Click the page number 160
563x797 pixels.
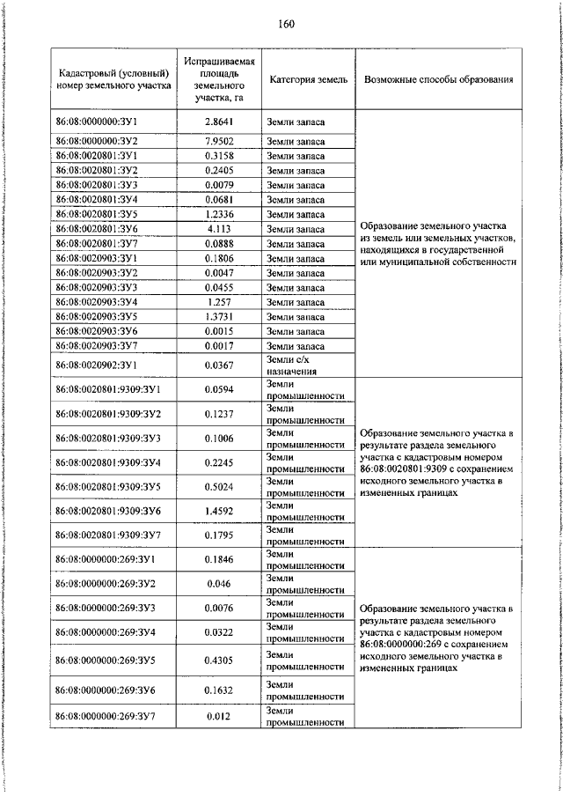pyautogui.click(x=284, y=24)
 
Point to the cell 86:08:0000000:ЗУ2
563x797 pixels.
pyautogui.click(x=97, y=140)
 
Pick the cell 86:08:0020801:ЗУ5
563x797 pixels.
pyautogui.click(x=97, y=214)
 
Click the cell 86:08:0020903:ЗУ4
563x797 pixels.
pyautogui.click(x=97, y=302)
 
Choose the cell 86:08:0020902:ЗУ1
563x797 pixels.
pyautogui.click(x=97, y=365)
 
